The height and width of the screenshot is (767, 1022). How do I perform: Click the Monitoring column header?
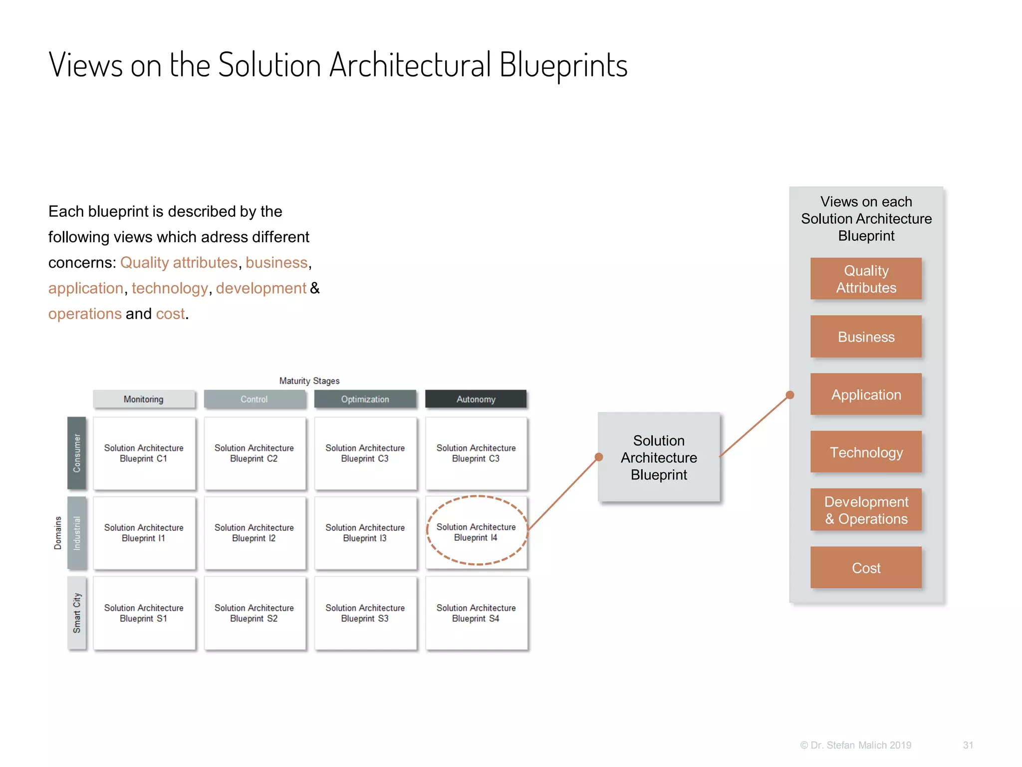(144, 399)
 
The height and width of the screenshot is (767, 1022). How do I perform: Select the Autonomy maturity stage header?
(476, 399)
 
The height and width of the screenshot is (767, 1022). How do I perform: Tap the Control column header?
(255, 399)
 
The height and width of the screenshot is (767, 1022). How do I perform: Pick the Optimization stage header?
(365, 399)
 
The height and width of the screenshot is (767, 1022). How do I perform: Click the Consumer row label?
(77, 453)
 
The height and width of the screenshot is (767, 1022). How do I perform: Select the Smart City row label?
(77, 613)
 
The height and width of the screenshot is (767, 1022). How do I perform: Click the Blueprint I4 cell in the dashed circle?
(476, 532)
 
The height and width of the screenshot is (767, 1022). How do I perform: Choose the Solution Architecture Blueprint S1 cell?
(144, 613)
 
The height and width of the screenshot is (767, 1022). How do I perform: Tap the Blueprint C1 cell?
(144, 453)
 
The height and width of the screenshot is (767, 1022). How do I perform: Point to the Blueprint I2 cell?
(255, 532)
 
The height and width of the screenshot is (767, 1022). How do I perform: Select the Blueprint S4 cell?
(476, 613)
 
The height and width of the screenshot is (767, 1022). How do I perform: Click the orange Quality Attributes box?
(866, 279)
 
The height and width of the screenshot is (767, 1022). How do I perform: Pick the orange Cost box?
(866, 568)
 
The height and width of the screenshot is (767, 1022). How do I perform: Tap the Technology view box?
(866, 452)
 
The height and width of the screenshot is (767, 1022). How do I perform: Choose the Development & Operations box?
(866, 510)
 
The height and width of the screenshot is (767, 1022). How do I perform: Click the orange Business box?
(866, 337)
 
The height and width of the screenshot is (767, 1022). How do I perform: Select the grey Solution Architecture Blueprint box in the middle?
(659, 457)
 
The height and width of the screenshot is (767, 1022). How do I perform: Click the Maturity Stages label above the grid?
(309, 381)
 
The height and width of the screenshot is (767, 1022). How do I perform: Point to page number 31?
(968, 745)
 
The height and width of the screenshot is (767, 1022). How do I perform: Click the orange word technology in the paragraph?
(170, 288)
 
